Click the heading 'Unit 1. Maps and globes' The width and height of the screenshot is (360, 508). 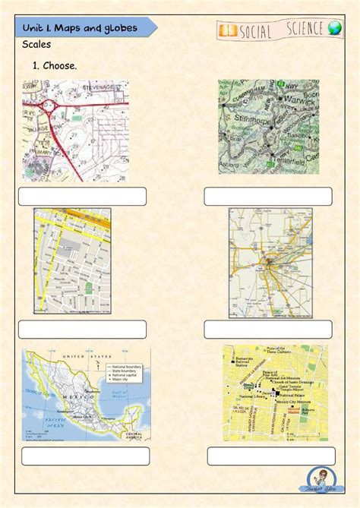[80, 27]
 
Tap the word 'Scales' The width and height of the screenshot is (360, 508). [37, 46]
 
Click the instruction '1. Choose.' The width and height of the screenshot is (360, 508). [54, 66]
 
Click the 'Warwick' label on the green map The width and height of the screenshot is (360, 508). [301, 99]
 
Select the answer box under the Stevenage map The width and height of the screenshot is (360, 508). [82, 196]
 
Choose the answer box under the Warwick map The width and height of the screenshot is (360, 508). [267, 196]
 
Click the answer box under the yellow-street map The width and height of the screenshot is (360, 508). [82, 329]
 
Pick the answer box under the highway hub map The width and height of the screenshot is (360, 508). [267, 329]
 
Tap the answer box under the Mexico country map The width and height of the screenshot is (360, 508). [85, 456]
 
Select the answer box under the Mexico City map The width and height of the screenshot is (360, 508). [271, 456]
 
